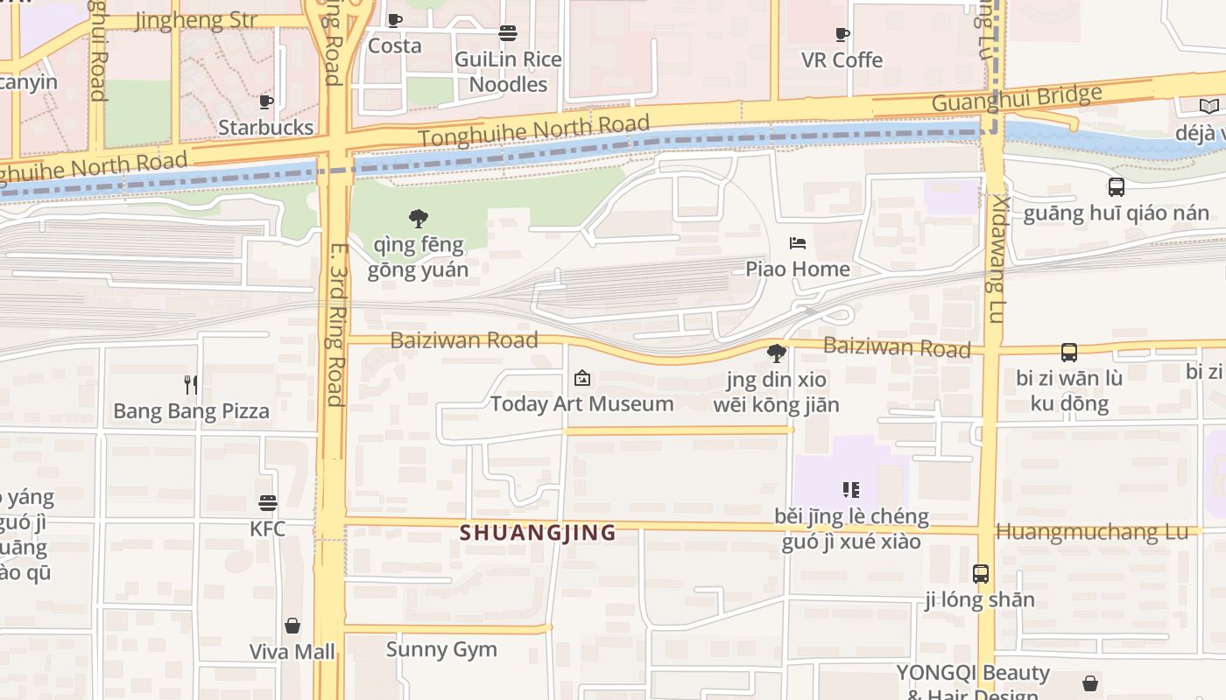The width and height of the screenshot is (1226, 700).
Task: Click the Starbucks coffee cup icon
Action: pos(266,102)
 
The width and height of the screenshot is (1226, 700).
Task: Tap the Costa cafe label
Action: pos(394,45)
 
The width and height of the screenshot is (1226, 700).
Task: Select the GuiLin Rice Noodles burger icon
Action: pos(508,33)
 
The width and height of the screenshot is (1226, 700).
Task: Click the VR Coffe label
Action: pos(842,59)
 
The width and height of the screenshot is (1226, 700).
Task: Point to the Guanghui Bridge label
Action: pos(1016,98)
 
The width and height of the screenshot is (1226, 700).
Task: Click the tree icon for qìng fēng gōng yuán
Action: pos(419,219)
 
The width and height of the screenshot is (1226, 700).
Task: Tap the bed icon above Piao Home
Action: pos(798,243)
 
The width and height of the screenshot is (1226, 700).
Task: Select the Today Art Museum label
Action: pos(581,403)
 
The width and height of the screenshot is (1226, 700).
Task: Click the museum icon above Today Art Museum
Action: pos(581,378)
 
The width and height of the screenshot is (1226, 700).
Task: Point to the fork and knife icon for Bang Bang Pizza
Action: pos(191,384)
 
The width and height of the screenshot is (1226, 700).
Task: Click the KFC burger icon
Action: pos(268,503)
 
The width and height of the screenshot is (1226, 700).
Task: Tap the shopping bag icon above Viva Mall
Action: pos(292,626)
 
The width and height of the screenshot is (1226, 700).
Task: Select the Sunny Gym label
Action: pos(441,649)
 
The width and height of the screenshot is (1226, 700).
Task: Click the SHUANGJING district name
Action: pos(538,532)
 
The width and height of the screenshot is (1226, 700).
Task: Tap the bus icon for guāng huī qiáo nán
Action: pos(1116,187)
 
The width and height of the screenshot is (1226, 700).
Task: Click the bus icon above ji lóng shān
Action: pos(981,574)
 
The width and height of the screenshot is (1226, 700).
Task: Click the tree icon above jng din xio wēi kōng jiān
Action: pos(776,353)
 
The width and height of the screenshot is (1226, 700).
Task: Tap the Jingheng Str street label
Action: pos(196,20)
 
